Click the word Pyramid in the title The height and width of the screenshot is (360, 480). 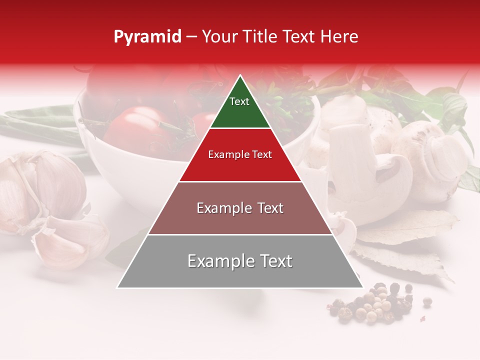click(x=147, y=37)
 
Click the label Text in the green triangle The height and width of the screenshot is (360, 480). click(x=239, y=101)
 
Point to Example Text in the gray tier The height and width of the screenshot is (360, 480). click(x=240, y=261)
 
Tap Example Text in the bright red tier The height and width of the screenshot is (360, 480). click(x=240, y=154)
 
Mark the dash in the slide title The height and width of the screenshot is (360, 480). click(x=191, y=37)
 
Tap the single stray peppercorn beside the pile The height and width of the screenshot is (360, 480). click(x=427, y=301)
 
